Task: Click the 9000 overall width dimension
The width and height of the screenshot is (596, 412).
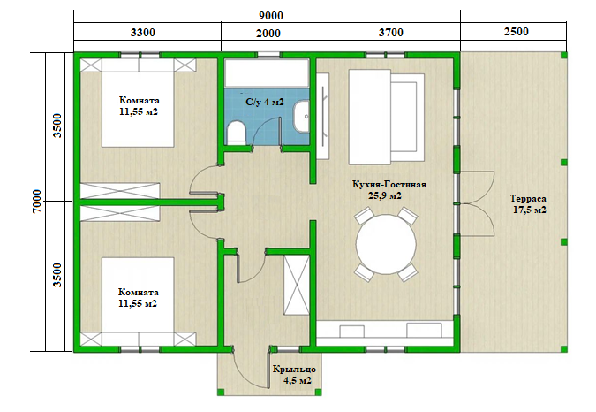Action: click(x=271, y=16)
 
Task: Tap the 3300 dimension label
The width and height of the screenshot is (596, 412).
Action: click(x=142, y=33)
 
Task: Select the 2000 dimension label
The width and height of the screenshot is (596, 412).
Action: click(x=268, y=34)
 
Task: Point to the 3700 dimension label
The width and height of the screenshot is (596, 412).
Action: click(x=390, y=33)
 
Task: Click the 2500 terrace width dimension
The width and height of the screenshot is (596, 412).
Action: click(x=517, y=31)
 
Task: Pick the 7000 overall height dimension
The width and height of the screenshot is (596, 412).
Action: click(x=37, y=202)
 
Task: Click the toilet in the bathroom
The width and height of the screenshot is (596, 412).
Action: click(x=237, y=133)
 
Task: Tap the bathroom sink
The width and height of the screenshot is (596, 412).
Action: click(x=301, y=117)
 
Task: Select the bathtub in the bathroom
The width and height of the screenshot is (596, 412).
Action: click(x=267, y=73)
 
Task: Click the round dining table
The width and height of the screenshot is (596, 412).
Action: click(x=386, y=244)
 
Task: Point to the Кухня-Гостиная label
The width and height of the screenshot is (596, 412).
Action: click(x=389, y=185)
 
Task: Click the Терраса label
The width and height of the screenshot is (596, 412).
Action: click(x=528, y=199)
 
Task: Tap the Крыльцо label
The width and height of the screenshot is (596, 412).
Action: click(x=294, y=370)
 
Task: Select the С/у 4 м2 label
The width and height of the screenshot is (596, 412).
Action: click(x=265, y=102)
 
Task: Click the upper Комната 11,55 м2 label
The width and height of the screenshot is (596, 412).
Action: click(x=139, y=106)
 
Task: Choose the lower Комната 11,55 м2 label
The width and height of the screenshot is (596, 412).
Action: click(x=138, y=298)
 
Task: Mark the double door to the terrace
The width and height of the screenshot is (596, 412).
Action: click(x=477, y=203)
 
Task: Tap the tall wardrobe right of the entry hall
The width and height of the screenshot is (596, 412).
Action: click(x=297, y=285)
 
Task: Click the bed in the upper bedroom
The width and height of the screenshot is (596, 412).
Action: click(x=138, y=103)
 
